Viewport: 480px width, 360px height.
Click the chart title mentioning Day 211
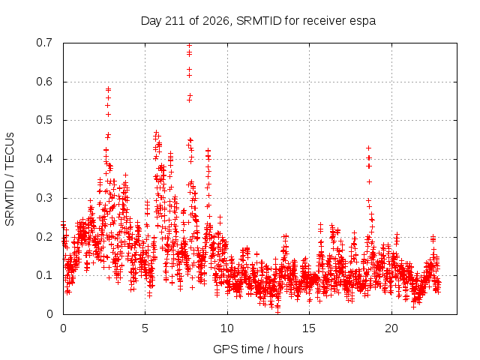pos(258,21)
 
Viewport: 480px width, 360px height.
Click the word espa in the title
pos(364,22)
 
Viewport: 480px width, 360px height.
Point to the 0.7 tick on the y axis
pos(44,43)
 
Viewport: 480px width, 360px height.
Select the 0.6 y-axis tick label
pos(44,82)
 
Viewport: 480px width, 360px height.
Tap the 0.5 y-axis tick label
pos(44,120)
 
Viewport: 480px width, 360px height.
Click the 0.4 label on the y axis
pos(44,159)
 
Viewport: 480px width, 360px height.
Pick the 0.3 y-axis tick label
pos(44,198)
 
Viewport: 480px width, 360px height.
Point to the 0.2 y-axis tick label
pos(44,237)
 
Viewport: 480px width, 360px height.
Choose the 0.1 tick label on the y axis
pos(44,275)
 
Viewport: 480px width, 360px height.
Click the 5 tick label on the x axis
pos(145,328)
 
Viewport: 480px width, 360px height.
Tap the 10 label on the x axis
pos(227,328)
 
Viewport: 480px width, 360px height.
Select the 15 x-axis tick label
pos(309,328)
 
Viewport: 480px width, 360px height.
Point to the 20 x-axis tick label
pos(391,328)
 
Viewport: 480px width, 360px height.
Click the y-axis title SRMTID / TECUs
pos(10,179)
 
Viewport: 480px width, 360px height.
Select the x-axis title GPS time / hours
pos(258,349)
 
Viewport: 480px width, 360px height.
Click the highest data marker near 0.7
pos(189,46)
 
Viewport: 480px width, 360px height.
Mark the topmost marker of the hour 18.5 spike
pos(368,148)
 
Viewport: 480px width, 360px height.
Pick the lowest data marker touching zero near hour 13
pos(277,312)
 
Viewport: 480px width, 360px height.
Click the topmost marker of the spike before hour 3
pos(108,89)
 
